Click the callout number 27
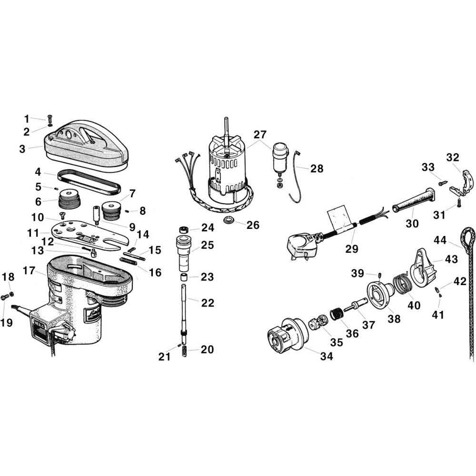[x=260, y=135]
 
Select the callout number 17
[x=29, y=270]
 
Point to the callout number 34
[x=327, y=356]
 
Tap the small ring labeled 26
[x=229, y=219]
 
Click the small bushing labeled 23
[x=183, y=278]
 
